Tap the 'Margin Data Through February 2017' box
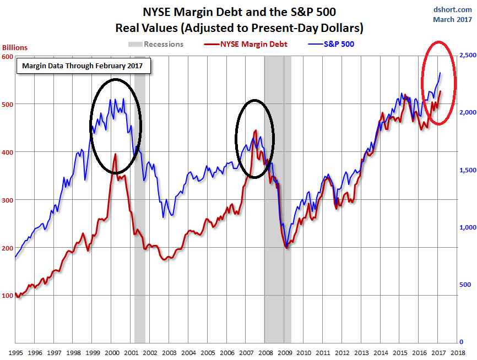pos(82,66)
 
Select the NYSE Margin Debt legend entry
pos(246,44)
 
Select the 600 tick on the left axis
pos(7,57)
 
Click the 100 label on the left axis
pos(7,296)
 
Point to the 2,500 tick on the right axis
pos(467,55)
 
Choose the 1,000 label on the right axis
pos(467,227)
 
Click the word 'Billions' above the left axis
pos(15,48)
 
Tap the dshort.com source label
pos(454,9)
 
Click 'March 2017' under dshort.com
pos(452,19)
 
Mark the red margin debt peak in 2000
pos(115,155)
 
